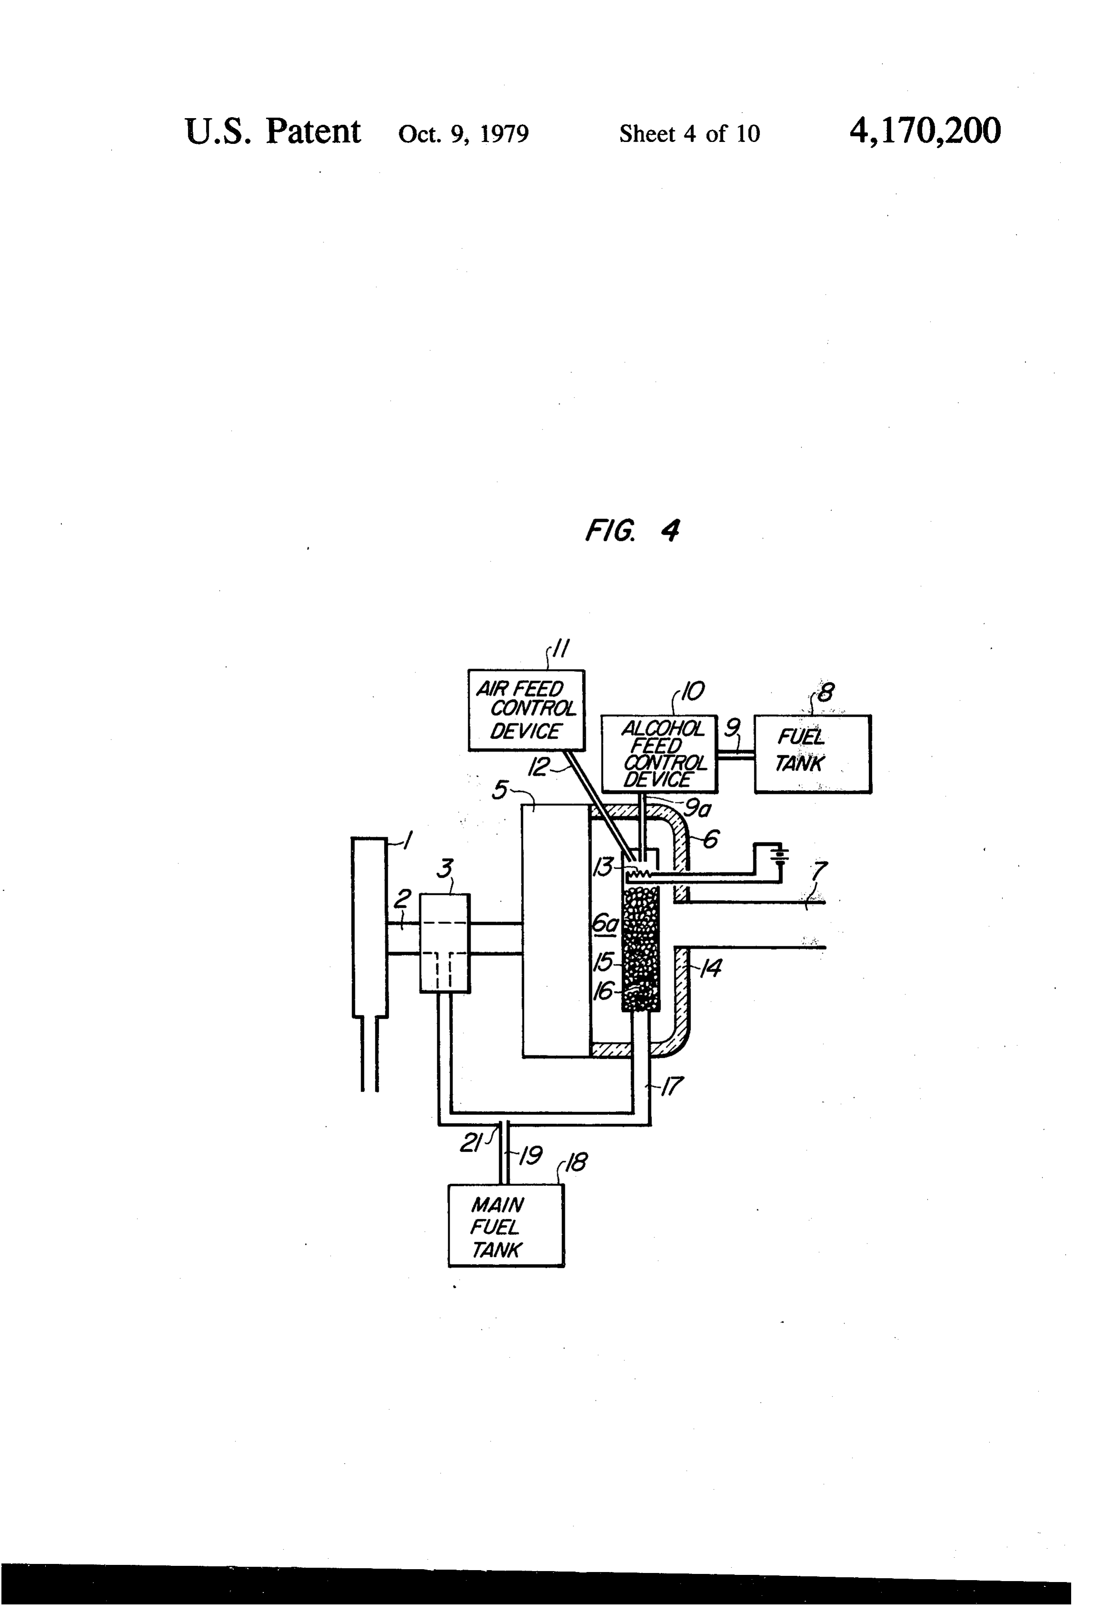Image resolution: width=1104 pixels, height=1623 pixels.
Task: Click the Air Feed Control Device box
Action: (526, 710)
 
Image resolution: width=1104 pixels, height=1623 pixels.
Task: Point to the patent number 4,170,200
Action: (925, 131)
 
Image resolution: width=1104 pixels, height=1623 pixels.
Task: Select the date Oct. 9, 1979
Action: (463, 133)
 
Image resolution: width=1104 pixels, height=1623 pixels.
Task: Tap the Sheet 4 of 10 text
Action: (690, 133)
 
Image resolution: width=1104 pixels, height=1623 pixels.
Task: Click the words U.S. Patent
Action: (273, 131)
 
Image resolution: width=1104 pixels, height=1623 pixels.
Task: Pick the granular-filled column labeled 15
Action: (641, 948)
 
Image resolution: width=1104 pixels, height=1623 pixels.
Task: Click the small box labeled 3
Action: (444, 943)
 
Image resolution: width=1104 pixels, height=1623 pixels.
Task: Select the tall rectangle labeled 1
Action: (370, 927)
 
